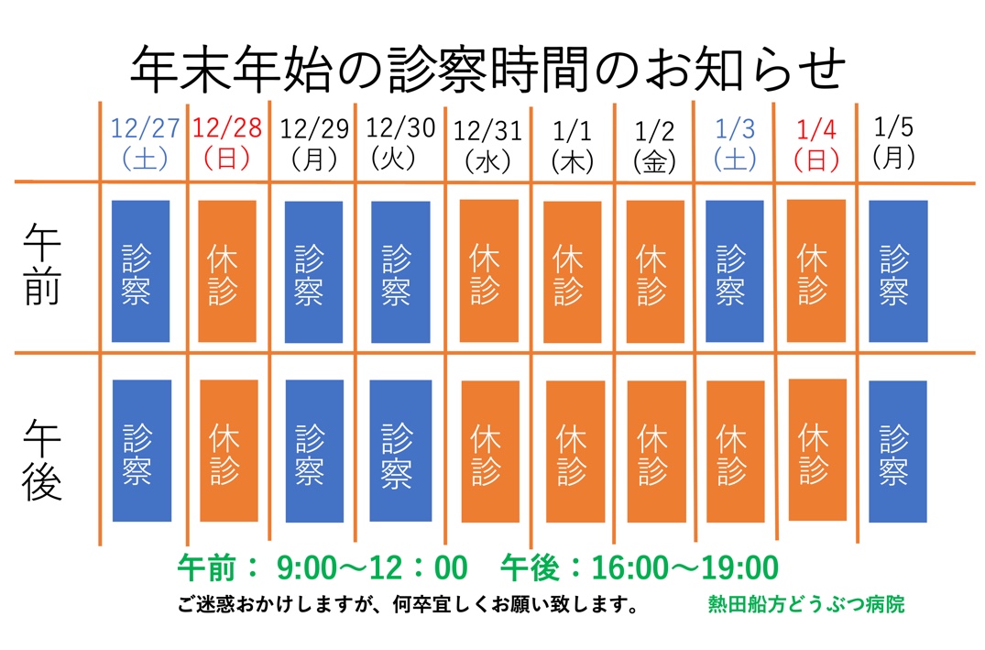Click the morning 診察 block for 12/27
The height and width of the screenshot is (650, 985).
[139, 270]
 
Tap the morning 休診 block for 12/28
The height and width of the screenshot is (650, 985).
[227, 270]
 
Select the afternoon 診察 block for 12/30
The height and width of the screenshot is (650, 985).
[400, 450]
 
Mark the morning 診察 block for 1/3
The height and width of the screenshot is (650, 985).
[733, 270]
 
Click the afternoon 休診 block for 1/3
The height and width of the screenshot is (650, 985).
[735, 450]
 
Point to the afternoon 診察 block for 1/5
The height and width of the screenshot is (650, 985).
[897, 450]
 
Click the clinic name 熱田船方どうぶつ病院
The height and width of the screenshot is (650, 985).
[805, 605]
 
